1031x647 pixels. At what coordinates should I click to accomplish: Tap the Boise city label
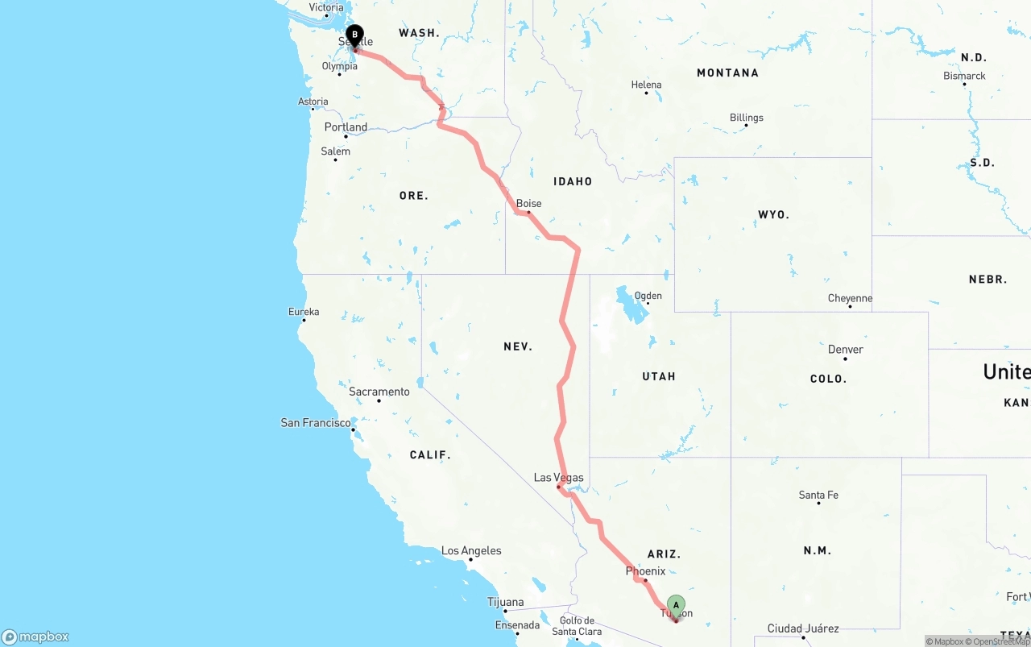[x=529, y=204]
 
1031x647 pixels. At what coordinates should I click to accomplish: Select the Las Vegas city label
[x=558, y=478]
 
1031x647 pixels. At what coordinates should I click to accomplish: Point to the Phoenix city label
[x=645, y=571]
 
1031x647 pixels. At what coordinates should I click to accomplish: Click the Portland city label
[x=346, y=127]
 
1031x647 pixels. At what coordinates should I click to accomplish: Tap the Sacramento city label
[x=379, y=392]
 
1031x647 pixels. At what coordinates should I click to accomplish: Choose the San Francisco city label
[x=315, y=422]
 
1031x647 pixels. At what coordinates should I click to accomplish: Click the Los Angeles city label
[x=471, y=551]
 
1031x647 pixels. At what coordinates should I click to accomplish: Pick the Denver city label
[x=846, y=350]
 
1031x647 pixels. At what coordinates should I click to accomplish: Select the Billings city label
[x=747, y=118]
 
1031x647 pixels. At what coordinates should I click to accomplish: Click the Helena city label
[x=646, y=85]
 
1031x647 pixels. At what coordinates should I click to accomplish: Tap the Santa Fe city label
[x=818, y=495]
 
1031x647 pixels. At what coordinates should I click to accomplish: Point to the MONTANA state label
[x=727, y=73]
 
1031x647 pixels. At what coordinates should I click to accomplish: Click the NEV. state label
[x=518, y=346]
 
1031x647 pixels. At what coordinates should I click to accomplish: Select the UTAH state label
[x=659, y=376]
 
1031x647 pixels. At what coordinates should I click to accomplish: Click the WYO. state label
[x=773, y=215]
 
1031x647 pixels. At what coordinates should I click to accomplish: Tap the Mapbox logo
[x=35, y=637]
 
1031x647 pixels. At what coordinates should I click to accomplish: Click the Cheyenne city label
[x=850, y=299]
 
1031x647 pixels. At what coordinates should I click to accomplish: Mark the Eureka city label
[x=304, y=312]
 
